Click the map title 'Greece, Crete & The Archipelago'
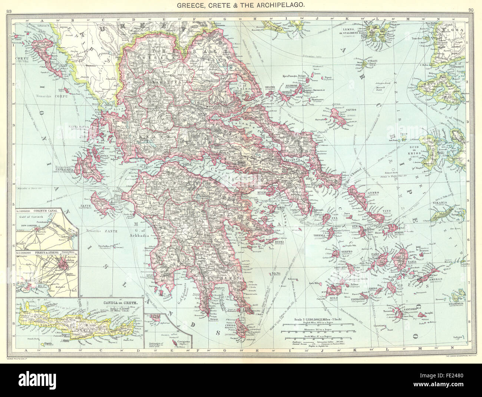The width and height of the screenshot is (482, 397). coord(241,5)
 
